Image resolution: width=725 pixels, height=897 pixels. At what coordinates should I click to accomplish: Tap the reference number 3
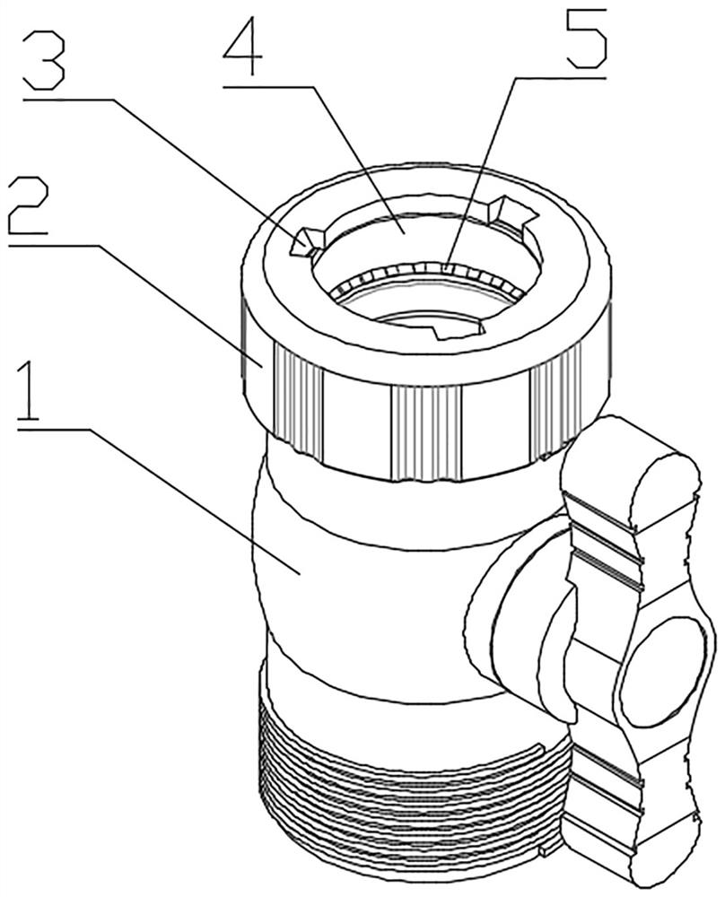pyautogui.click(x=44, y=61)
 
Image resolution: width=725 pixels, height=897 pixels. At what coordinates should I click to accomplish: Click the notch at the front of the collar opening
pyautogui.click(x=458, y=329)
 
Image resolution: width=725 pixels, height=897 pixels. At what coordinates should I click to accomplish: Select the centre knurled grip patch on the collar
pyautogui.click(x=425, y=433)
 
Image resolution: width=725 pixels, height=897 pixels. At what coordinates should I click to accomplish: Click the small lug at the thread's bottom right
pyautogui.click(x=543, y=867)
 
